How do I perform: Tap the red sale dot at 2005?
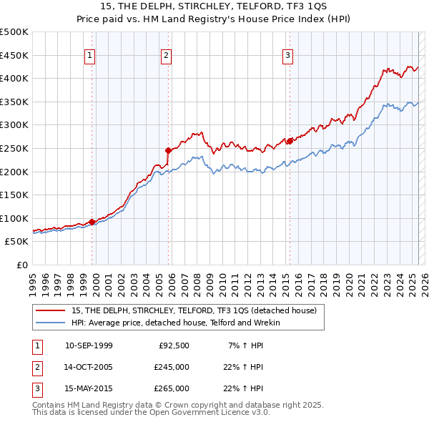point(169,150)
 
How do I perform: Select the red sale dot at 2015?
point(290,141)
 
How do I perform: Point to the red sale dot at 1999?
point(92,222)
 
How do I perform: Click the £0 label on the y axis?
point(22,265)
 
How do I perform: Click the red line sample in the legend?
point(50,310)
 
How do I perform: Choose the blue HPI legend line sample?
point(50,323)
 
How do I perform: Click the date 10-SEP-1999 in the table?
point(89,345)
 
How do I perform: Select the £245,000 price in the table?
point(172,368)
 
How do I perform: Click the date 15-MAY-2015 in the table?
point(89,389)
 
